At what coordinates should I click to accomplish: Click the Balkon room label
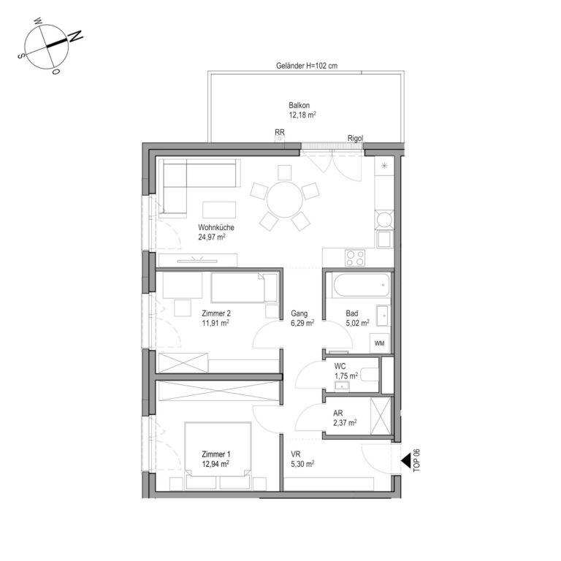(x=299, y=105)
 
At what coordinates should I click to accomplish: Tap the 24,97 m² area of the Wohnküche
(x=212, y=237)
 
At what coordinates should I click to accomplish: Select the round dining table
(x=285, y=199)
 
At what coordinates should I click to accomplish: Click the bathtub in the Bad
(x=361, y=285)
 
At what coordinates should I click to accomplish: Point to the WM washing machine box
(x=380, y=343)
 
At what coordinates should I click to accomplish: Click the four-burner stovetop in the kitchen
(x=355, y=258)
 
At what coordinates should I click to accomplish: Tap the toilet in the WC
(x=370, y=375)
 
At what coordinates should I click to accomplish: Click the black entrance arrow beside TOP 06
(x=406, y=461)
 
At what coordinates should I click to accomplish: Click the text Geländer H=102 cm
(x=307, y=66)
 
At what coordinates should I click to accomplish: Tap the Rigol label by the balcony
(x=355, y=138)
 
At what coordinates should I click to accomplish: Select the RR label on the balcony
(x=280, y=132)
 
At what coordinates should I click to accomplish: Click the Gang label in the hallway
(x=299, y=313)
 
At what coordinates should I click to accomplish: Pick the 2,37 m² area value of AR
(x=345, y=423)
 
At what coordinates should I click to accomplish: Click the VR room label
(x=296, y=454)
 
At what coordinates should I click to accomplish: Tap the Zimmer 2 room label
(x=216, y=313)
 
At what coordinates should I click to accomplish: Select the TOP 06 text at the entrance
(x=416, y=460)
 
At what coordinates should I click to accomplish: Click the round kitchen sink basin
(x=384, y=219)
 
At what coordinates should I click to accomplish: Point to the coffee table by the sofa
(x=219, y=210)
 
